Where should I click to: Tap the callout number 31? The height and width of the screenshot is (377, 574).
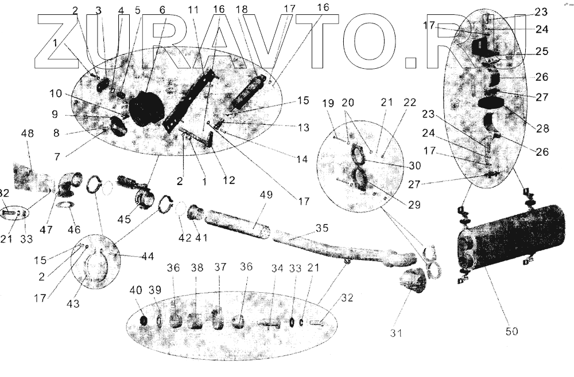pyautogui.click(x=397, y=333)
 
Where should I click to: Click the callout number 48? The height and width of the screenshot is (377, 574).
pyautogui.click(x=28, y=133)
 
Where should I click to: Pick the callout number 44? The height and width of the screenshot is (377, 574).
pyautogui.click(x=148, y=256)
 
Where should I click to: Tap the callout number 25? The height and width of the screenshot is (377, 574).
pyautogui.click(x=542, y=51)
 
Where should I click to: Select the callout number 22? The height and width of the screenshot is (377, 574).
pyautogui.click(x=409, y=103)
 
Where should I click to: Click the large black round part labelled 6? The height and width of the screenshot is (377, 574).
pyautogui.click(x=146, y=109)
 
